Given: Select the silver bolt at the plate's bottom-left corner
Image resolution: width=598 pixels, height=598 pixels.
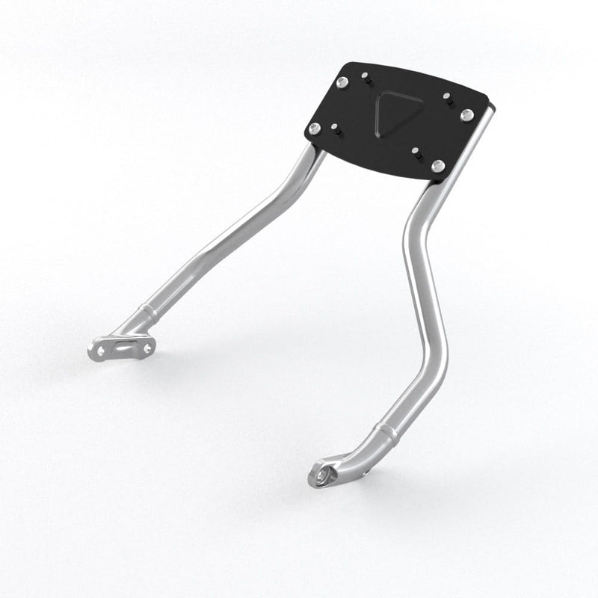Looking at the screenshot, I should coord(315,129).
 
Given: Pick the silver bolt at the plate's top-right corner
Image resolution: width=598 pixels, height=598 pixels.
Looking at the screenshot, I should coord(467,114).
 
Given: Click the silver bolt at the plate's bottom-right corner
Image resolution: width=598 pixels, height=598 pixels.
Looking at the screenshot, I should coord(438,165).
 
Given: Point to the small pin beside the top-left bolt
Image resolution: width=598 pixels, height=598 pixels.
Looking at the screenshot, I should coord(366,78).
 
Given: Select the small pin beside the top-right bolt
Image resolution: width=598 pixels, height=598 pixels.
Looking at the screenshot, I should coord(446,96).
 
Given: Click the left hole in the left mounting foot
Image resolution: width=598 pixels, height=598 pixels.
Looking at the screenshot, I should coord(99,350).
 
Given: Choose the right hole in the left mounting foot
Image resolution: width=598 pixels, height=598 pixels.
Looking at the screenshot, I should coord(147,348).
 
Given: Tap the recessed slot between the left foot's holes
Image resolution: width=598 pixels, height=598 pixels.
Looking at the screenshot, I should coord(123,348).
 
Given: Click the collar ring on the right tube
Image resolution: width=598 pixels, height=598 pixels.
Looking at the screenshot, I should coord(386,430).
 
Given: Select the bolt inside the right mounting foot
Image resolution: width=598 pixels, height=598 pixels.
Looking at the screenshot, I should coord(323,475).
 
